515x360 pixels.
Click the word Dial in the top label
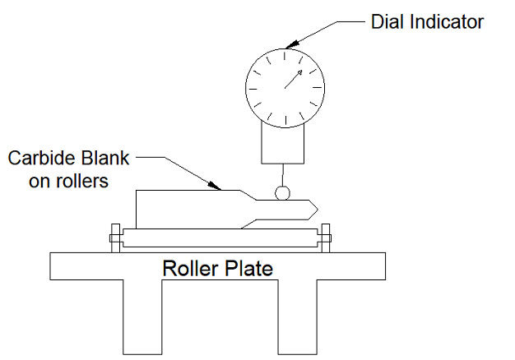click(388, 21)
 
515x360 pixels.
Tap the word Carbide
click(43, 158)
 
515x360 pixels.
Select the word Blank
click(105, 158)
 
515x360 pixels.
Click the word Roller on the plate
click(190, 268)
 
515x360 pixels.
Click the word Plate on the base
click(248, 268)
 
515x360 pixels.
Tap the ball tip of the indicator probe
click(282, 193)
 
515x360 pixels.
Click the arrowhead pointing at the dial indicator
click(292, 44)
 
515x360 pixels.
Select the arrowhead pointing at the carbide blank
click(215, 186)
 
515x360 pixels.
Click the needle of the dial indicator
click(293, 80)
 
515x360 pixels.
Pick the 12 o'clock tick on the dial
click(285, 56)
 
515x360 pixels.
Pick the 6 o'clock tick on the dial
click(285, 121)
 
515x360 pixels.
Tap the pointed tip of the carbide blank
click(318, 210)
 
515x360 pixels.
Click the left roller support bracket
click(115, 238)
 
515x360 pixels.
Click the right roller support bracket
click(326, 238)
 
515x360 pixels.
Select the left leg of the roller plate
click(142, 317)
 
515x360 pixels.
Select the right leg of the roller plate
click(298, 317)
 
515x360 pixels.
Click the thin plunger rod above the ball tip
click(282, 175)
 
